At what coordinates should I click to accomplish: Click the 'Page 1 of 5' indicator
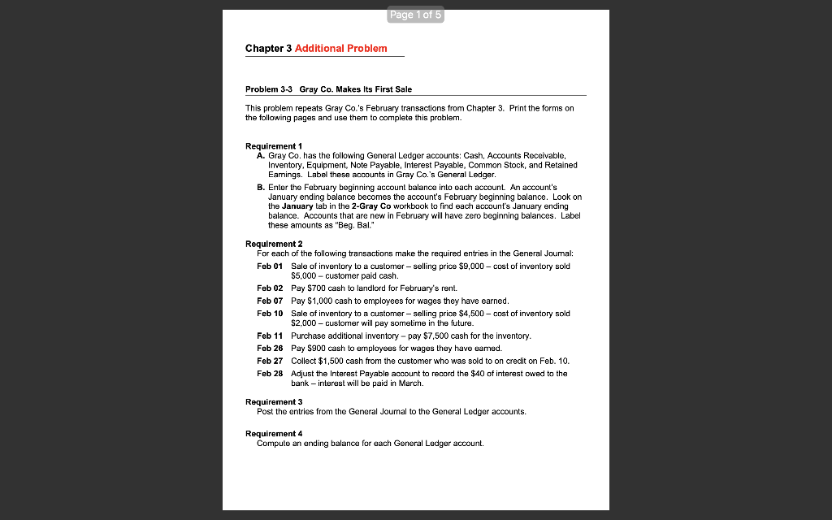[416, 15]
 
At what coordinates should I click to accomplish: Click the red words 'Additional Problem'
[340, 49]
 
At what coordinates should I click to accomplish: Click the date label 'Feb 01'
[270, 266]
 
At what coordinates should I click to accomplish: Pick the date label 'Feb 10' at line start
[270, 313]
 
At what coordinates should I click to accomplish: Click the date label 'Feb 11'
[270, 336]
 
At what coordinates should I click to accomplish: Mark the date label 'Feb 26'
[270, 348]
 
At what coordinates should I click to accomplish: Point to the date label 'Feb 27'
[270, 360]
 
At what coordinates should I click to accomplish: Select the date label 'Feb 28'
[270, 373]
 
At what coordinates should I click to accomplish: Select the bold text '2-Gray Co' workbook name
[368, 206]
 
